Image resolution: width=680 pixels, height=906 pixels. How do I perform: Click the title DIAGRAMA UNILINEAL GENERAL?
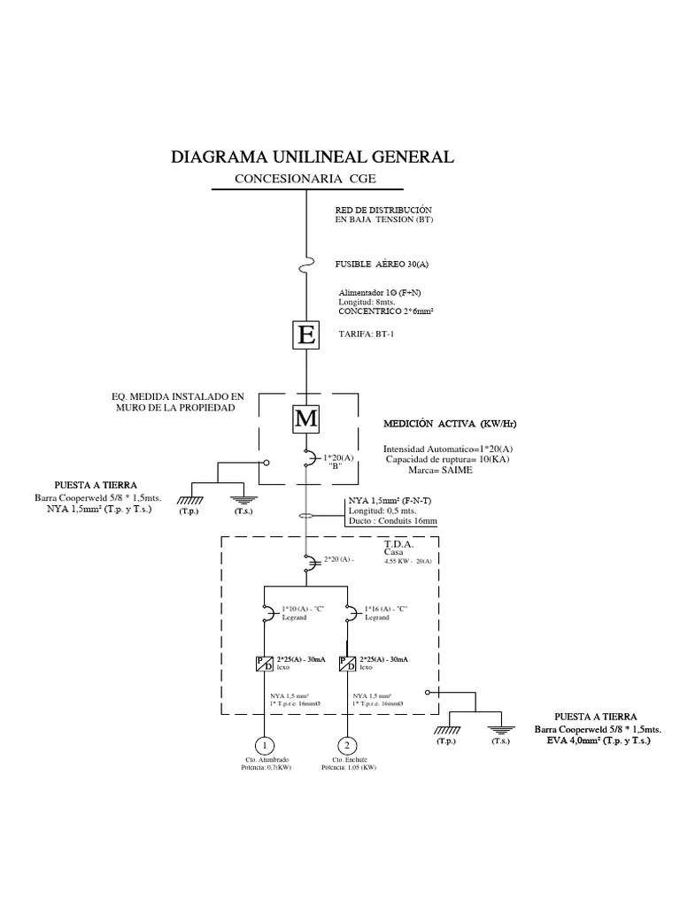[x=312, y=157]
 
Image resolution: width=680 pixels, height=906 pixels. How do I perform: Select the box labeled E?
[x=306, y=335]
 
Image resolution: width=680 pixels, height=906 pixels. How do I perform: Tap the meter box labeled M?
[x=306, y=418]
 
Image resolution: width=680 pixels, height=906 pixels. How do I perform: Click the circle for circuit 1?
[x=265, y=745]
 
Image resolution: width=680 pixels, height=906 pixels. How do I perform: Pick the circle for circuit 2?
[x=347, y=745]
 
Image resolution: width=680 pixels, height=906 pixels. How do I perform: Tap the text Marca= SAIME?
[x=429, y=471]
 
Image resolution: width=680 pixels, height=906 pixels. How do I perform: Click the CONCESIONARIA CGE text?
[x=305, y=180]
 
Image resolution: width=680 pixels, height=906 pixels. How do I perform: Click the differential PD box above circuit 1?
[x=265, y=664]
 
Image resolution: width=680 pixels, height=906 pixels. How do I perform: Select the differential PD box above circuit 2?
[x=347, y=664]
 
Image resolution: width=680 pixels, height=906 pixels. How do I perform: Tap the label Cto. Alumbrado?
[x=267, y=759]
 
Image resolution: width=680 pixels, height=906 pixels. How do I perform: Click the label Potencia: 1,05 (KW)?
[x=349, y=768]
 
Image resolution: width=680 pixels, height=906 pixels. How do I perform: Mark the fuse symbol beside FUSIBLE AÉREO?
[x=306, y=264]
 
